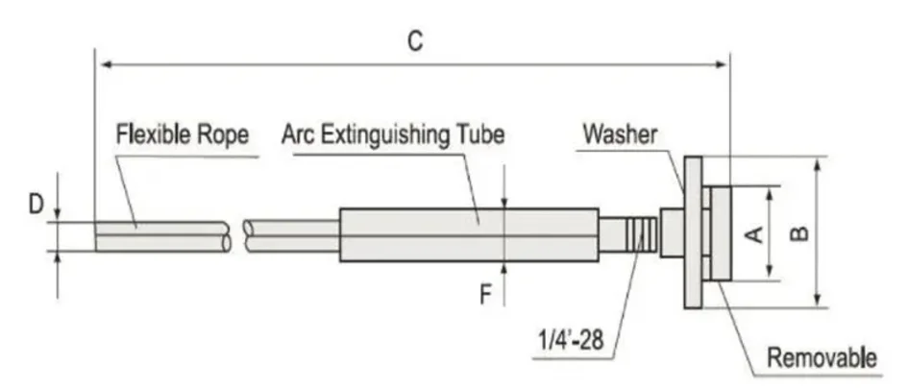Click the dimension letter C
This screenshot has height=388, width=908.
click(415, 41)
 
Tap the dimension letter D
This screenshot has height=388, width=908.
click(37, 205)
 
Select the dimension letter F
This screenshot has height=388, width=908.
click(485, 296)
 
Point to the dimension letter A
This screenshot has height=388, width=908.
click(753, 234)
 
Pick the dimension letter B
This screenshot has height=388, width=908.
click(799, 233)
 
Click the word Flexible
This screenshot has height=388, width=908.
click(153, 134)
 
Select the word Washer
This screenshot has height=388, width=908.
click(620, 134)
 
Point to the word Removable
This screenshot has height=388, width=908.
click(822, 358)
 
